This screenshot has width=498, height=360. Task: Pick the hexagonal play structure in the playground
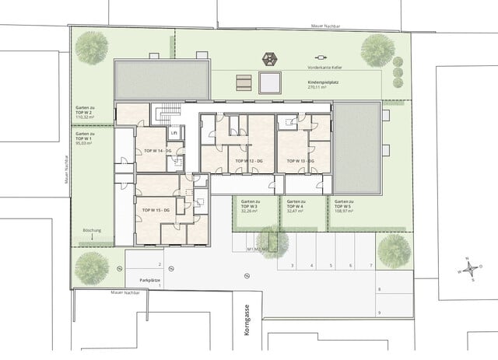pyautogui.click(x=271, y=59)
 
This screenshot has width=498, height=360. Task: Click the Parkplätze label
pyautogui.click(x=150, y=279)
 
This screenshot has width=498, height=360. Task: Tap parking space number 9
pyautogui.click(x=379, y=312)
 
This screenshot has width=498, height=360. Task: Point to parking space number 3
pyautogui.click(x=292, y=266)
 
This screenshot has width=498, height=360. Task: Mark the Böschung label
pyautogui.click(x=93, y=232)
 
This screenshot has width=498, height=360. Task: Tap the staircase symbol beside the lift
pyautogui.click(x=165, y=114)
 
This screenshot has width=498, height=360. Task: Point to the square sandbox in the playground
pyautogui.click(x=270, y=82)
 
